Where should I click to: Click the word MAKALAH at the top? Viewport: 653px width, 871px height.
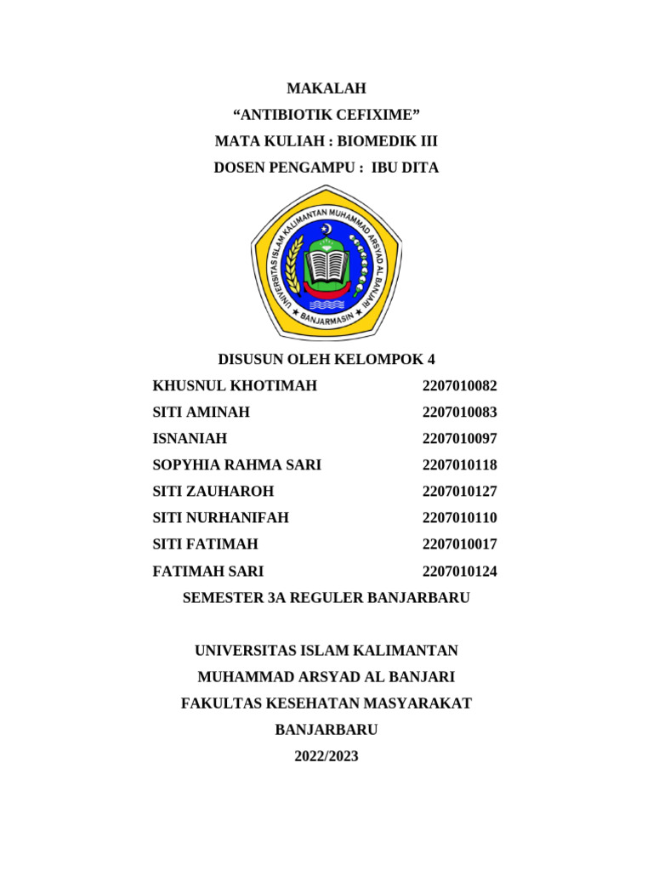click(x=326, y=88)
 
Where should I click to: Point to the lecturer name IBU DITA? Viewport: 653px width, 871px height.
click(x=406, y=168)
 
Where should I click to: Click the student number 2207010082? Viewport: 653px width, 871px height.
click(x=459, y=385)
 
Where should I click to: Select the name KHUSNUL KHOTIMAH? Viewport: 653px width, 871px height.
click(x=235, y=385)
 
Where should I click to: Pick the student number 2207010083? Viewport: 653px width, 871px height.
click(x=459, y=412)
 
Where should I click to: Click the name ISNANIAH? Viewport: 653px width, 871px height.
click(x=190, y=438)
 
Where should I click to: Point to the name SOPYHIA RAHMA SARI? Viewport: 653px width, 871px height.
click(x=236, y=464)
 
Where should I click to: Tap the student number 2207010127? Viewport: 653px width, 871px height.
click(x=459, y=491)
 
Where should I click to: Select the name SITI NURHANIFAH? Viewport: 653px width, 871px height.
click(x=221, y=517)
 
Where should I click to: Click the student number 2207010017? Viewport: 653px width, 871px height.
click(x=459, y=544)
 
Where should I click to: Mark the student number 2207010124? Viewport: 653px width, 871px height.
click(x=459, y=571)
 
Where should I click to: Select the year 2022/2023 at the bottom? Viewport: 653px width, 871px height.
click(x=326, y=755)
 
